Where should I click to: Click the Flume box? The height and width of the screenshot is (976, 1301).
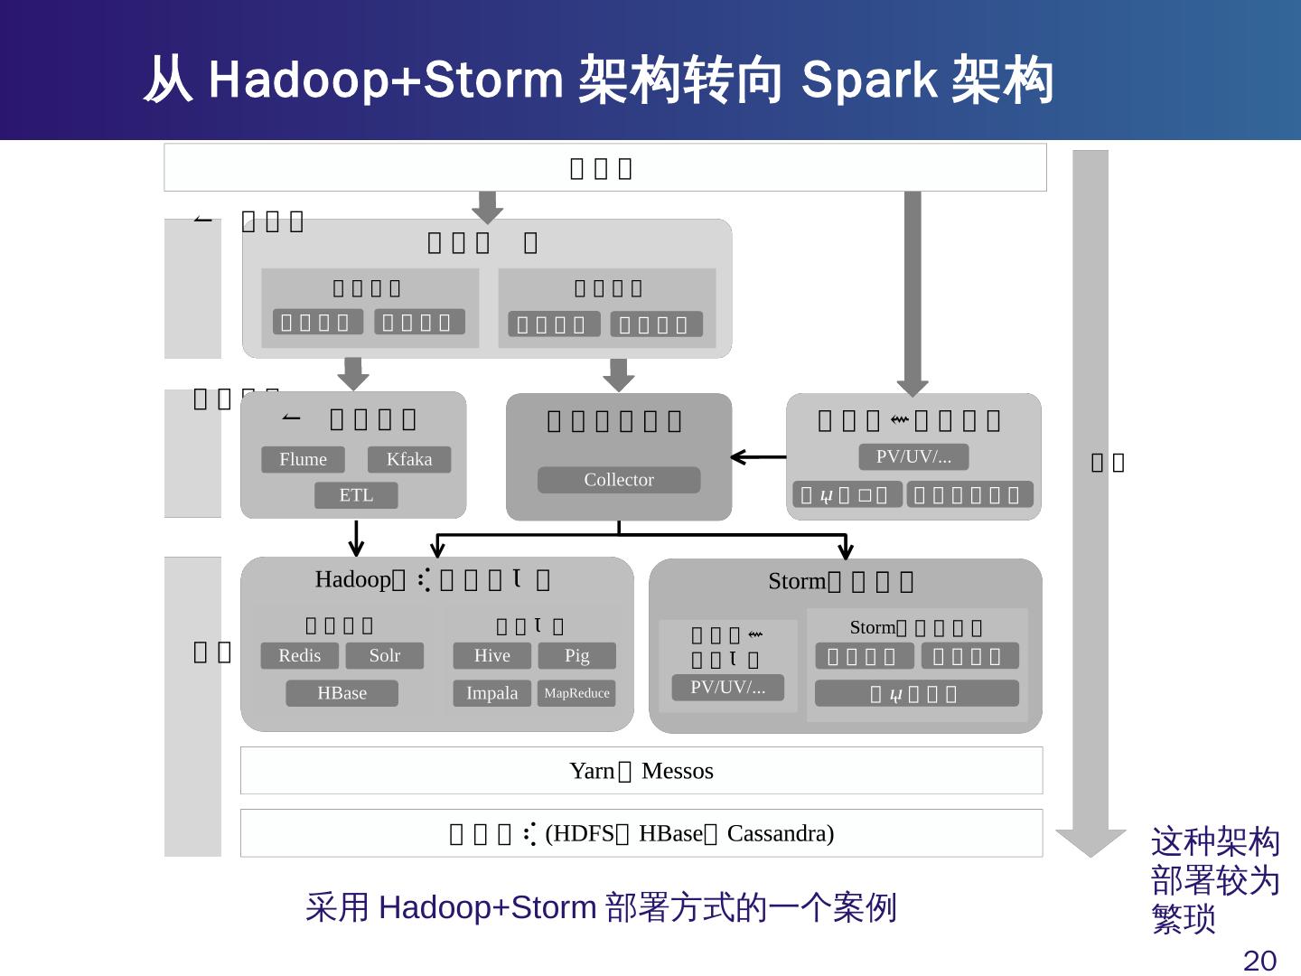[x=303, y=459]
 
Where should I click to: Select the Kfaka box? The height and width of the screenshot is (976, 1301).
[x=409, y=459]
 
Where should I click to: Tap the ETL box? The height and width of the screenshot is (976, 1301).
[x=356, y=495]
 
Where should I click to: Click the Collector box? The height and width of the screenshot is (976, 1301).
[x=619, y=480]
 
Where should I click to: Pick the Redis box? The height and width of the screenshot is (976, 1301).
[x=300, y=655]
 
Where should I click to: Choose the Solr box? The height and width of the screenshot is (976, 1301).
[x=385, y=655]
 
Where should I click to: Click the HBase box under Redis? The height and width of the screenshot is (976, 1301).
[x=342, y=693]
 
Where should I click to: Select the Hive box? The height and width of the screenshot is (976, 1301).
[x=491, y=655]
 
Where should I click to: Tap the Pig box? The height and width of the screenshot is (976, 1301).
[x=576, y=655]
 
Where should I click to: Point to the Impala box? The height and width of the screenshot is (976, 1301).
[x=491, y=693]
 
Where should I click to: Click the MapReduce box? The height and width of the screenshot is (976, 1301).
[x=576, y=693]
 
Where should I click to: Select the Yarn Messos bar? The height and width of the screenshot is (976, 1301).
[x=641, y=771]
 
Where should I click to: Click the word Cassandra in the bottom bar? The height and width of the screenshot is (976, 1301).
[x=780, y=833]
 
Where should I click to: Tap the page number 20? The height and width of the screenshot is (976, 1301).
[x=1259, y=960]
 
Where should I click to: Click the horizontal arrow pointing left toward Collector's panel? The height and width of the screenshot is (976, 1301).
[x=759, y=457]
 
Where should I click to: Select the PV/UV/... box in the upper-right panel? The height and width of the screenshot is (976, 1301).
[x=913, y=456]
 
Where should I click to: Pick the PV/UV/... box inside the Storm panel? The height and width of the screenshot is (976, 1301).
[x=728, y=687]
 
